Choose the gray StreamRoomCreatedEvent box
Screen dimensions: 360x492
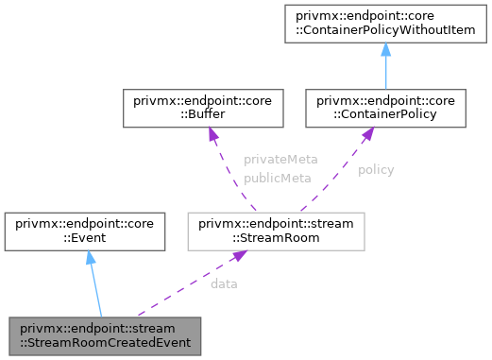103,334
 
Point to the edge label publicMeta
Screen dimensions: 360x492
271,177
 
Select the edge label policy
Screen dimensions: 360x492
376,170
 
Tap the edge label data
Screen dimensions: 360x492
224,283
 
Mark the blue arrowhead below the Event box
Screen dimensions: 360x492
89,258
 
